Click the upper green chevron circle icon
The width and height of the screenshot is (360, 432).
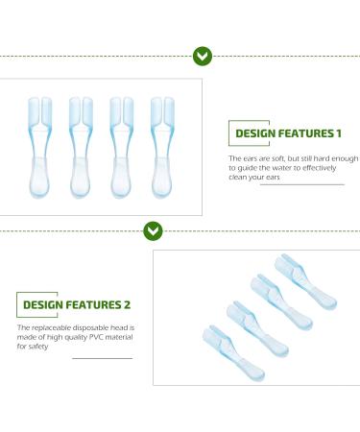click(x=203, y=56)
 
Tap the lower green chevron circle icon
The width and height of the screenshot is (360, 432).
click(x=153, y=230)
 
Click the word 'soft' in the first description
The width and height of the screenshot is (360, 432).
click(x=274, y=157)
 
